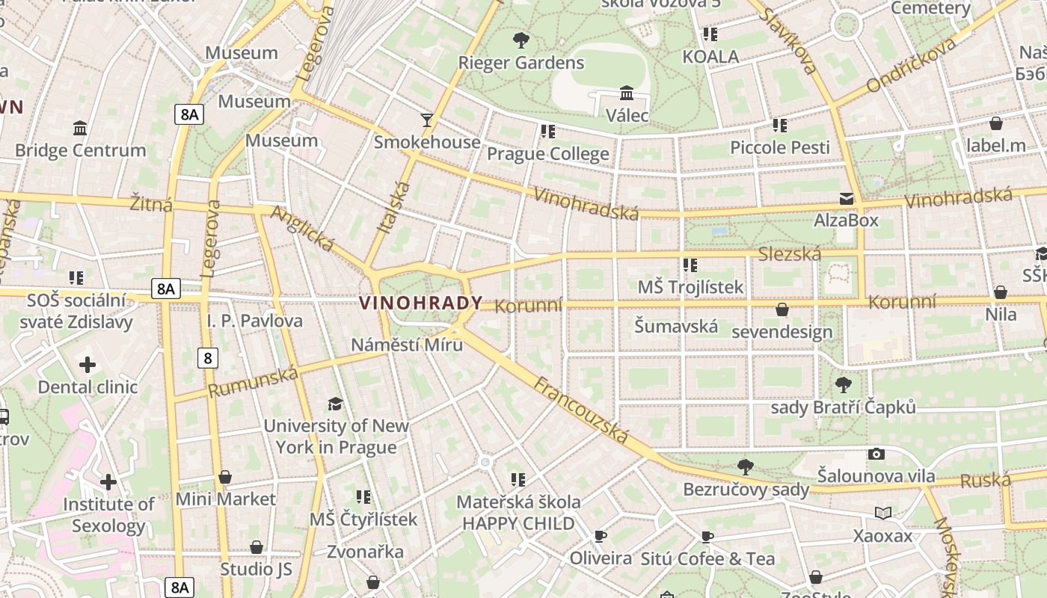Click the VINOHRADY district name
(x=421, y=303)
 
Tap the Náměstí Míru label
(x=407, y=345)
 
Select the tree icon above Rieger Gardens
(x=521, y=40)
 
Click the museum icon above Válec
(x=627, y=93)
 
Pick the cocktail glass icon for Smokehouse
(x=427, y=120)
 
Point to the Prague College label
(x=548, y=154)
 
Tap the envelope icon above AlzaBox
(x=847, y=199)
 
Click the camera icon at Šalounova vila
(x=876, y=454)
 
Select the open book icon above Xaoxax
(x=883, y=513)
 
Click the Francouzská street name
(x=581, y=410)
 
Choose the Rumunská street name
(x=253, y=382)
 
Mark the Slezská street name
(x=790, y=254)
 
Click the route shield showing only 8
(x=208, y=358)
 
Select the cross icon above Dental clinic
(x=87, y=365)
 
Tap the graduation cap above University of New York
(x=336, y=404)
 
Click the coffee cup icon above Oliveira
(x=600, y=536)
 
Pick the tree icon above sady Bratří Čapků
(x=843, y=385)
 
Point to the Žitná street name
(x=151, y=204)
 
